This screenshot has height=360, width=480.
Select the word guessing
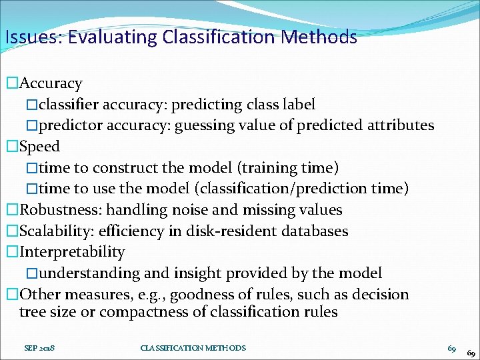[x=204, y=125]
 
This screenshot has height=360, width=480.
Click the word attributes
[x=400, y=125]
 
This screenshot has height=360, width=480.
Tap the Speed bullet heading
[x=40, y=147]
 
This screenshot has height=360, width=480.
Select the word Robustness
[x=59, y=210]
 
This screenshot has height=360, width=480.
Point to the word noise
[x=191, y=210]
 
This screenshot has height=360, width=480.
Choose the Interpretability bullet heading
[x=72, y=252]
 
